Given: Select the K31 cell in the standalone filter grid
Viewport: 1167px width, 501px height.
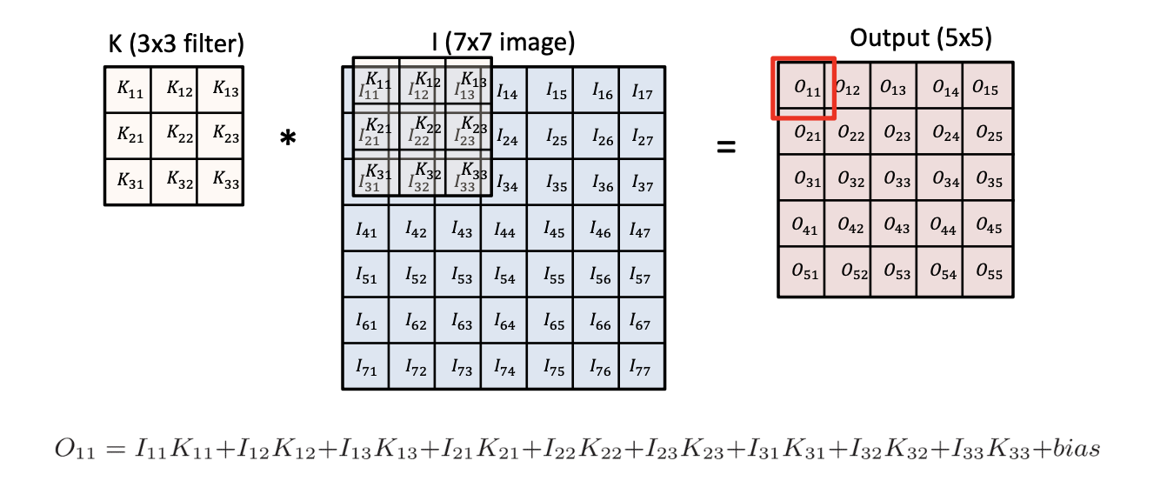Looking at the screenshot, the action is pyautogui.click(x=128, y=181).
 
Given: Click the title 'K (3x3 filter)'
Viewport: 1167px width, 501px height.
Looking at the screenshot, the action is pyautogui.click(x=175, y=43).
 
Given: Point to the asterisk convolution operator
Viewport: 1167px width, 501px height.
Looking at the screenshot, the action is pyautogui.click(x=288, y=139).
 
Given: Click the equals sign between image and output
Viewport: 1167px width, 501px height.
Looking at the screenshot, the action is pyautogui.click(x=725, y=146).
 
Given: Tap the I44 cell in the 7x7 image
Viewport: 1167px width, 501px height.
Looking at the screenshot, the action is pyautogui.click(x=504, y=230).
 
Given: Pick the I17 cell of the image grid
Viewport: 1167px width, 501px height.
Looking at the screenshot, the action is pyautogui.click(x=642, y=90).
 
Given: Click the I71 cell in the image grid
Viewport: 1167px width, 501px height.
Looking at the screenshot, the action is pyautogui.click(x=366, y=368).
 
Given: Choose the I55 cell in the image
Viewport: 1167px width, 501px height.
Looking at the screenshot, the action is pyautogui.click(x=554, y=277).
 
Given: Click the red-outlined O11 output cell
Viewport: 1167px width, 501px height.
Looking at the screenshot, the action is pyautogui.click(x=804, y=88).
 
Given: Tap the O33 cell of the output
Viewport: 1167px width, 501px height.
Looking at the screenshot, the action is pyautogui.click(x=897, y=180).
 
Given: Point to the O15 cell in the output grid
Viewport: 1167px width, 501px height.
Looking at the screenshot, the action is pyautogui.click(x=986, y=87).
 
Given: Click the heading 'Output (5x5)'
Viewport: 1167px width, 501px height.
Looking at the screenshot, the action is pyautogui.click(x=921, y=37).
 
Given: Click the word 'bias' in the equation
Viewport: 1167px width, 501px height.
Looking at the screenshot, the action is pyautogui.click(x=1074, y=450).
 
